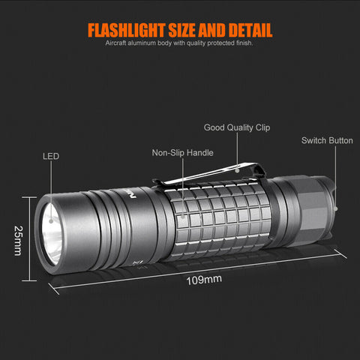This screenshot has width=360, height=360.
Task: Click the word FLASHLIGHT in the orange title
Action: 127,30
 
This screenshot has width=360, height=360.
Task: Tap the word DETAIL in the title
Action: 250,30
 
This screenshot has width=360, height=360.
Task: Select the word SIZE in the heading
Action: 182,30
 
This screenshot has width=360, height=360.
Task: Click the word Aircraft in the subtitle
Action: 115,43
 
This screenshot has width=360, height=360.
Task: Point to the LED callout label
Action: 51,156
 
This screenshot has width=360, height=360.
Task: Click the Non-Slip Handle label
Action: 183,153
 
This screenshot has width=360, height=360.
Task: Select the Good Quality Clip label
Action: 237,127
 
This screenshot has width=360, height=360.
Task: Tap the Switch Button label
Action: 327,140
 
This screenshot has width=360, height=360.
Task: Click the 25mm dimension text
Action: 18,241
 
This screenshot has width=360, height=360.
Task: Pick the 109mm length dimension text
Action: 204,280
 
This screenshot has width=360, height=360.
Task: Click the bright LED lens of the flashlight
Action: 52,234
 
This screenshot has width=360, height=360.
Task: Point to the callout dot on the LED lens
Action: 51,221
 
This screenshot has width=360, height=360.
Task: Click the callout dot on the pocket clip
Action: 238,171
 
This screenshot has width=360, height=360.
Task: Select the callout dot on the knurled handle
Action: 183,216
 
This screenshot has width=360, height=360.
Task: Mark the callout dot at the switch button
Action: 336,208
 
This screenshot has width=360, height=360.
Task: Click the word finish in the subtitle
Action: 244,43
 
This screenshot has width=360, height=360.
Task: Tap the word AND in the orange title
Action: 212,30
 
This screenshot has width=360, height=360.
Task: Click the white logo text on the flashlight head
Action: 133,193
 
